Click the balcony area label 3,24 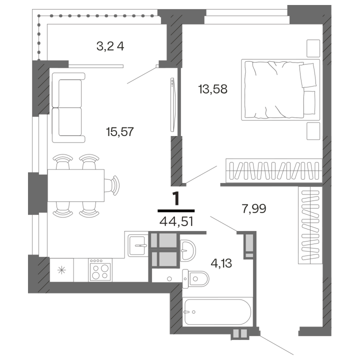[x=110, y=46]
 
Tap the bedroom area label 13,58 [x=213, y=89]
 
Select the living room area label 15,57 [x=119, y=132]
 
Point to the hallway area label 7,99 [x=254, y=208]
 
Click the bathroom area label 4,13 [x=221, y=263]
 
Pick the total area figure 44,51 [x=176, y=222]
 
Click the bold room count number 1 [x=176, y=198]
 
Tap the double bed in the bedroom [x=280, y=90]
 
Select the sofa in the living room [x=68, y=107]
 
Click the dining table [x=76, y=185]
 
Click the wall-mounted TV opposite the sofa [x=172, y=104]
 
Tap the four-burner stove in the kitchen [x=100, y=270]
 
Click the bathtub [x=217, y=312]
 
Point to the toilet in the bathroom [x=195, y=278]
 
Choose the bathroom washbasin [x=188, y=250]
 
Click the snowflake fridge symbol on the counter [x=61, y=270]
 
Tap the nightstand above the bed [x=313, y=48]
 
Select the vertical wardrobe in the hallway [x=310, y=225]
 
